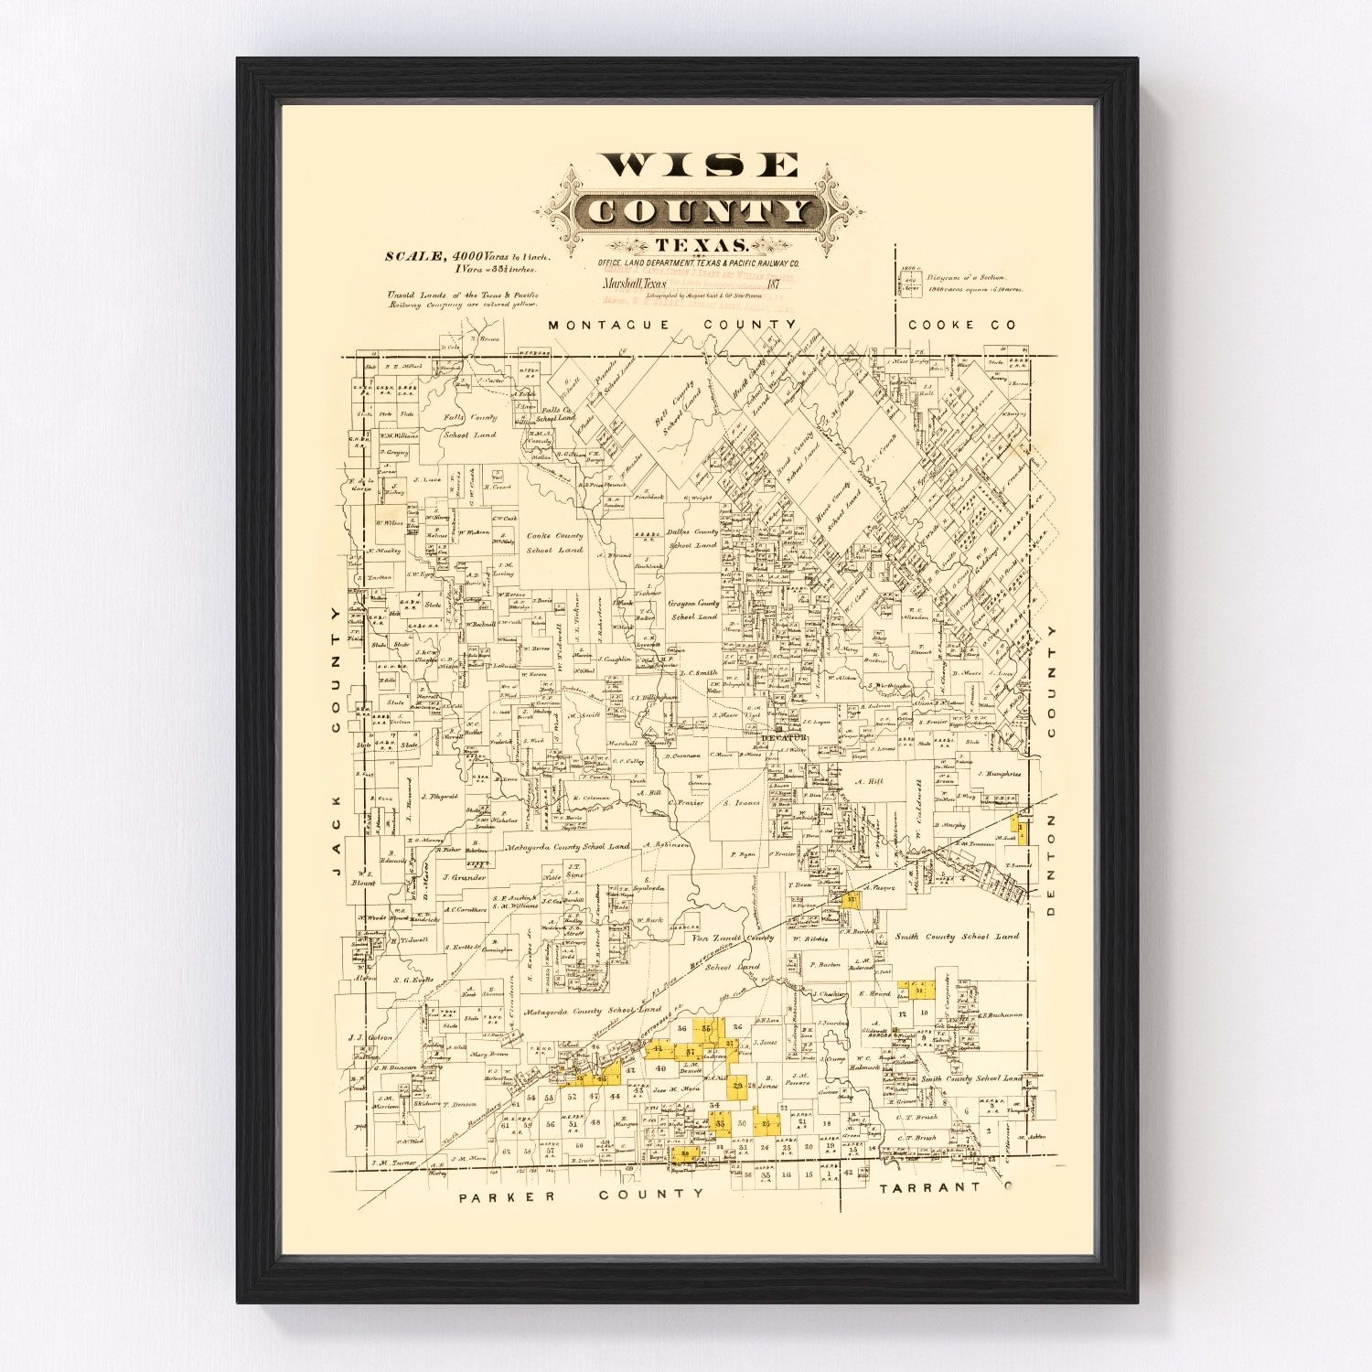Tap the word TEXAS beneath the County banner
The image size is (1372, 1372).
tap(701, 245)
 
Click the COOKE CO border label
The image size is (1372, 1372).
tap(961, 325)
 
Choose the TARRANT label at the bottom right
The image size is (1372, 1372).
tap(933, 1188)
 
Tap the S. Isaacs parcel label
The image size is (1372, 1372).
tap(742, 803)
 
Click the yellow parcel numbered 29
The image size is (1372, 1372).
tap(737, 1086)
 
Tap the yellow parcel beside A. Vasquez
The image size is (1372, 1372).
tap(852, 899)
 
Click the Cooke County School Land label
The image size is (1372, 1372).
tap(554, 542)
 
